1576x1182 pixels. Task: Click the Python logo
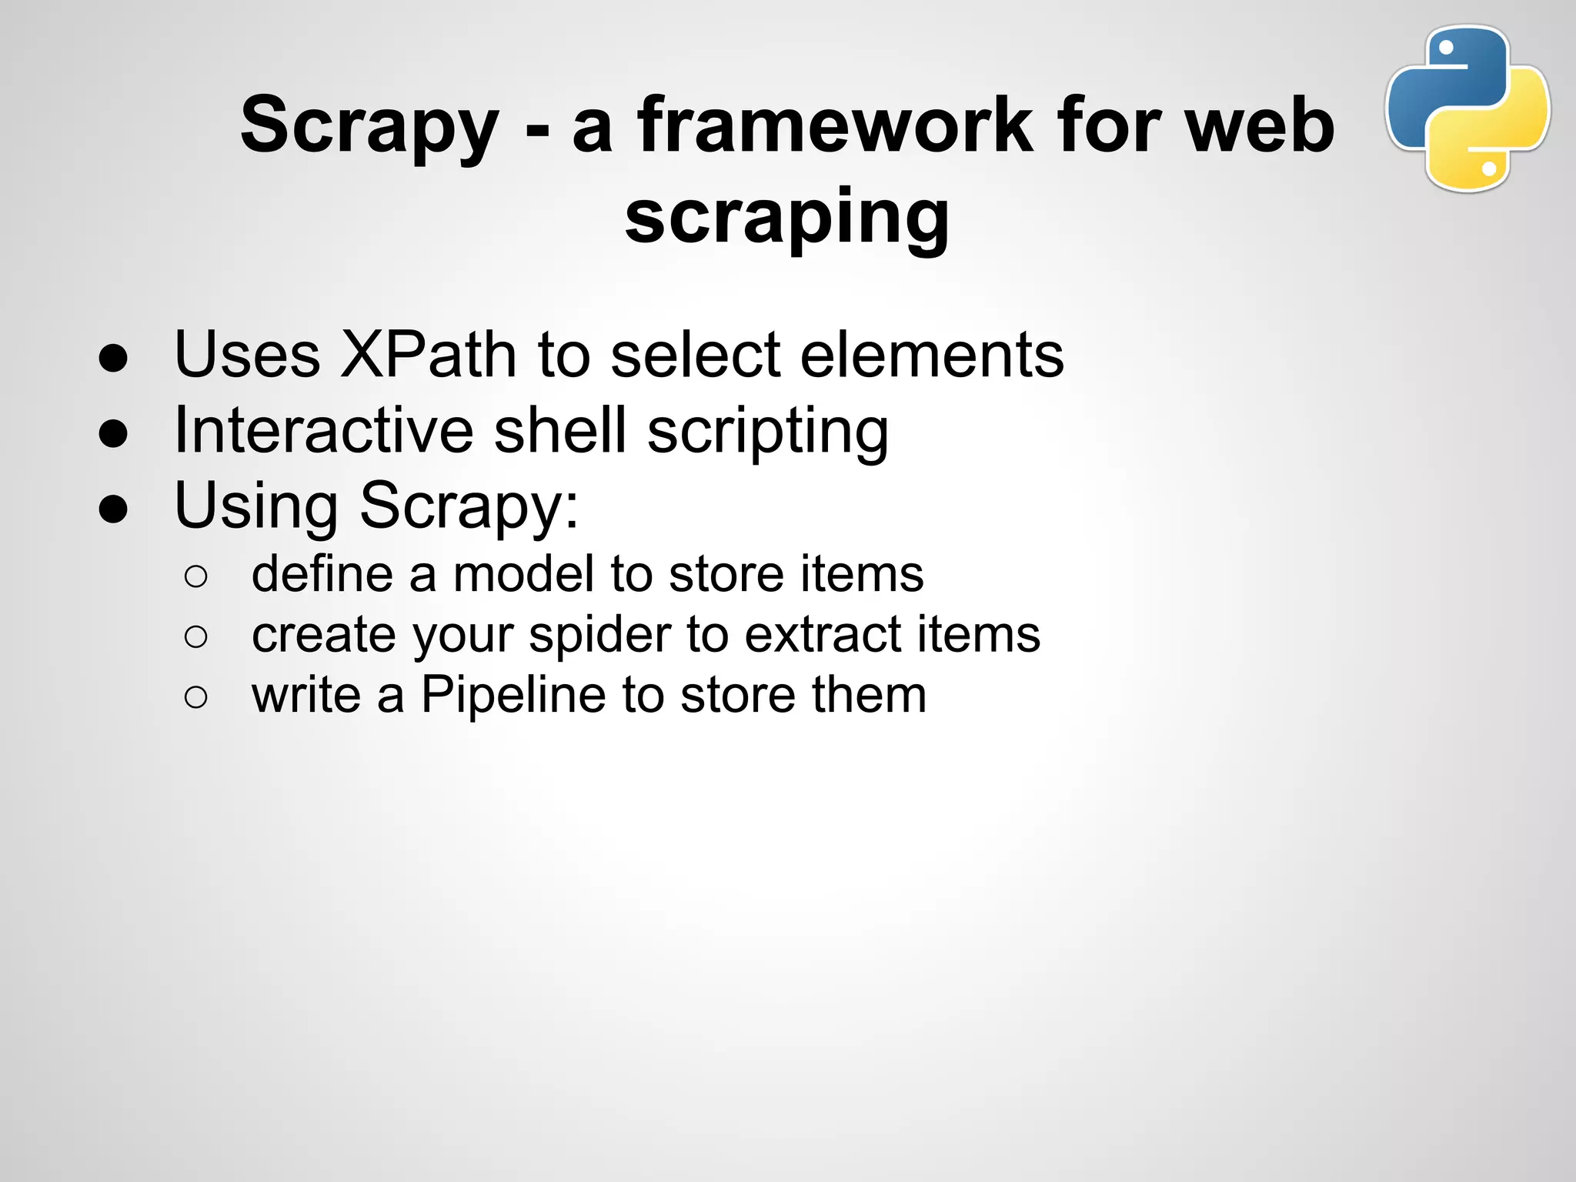[1467, 108]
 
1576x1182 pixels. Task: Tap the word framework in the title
[836, 125]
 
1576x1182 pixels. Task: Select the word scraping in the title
[786, 219]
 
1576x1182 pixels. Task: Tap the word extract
[823, 635]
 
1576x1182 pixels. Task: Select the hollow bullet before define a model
[196, 576]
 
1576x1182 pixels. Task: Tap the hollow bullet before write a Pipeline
[196, 697]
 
